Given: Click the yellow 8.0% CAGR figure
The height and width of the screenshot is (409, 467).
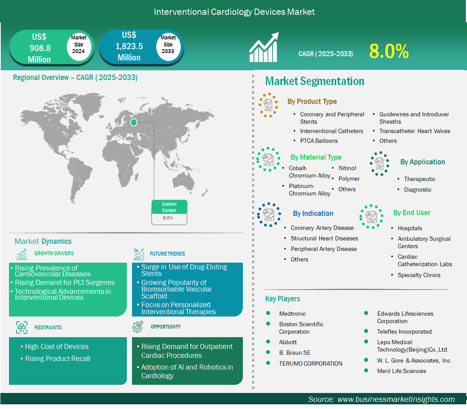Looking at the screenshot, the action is [389, 51].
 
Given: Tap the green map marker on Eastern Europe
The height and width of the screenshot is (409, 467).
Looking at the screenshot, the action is [134, 122].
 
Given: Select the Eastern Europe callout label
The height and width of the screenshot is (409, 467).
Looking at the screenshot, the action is [169, 207].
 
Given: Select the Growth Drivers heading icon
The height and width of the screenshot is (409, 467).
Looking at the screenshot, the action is [22, 254].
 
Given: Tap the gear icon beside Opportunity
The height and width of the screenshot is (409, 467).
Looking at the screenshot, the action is [137, 327].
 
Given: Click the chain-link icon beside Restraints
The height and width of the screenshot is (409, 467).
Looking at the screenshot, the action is [22, 327].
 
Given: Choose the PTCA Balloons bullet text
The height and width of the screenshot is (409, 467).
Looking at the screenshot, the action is [319, 141].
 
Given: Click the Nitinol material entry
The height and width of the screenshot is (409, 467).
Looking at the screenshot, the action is [347, 168].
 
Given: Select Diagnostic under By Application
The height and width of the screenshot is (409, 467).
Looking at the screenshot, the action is [417, 190].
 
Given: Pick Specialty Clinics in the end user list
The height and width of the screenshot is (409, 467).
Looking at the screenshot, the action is [419, 275].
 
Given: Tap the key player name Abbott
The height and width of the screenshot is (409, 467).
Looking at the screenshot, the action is [288, 342].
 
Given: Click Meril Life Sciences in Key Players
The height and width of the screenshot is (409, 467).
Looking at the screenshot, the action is [401, 371].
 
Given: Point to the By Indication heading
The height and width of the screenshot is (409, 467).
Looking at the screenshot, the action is [313, 213].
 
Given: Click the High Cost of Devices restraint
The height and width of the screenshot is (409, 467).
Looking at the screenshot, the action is [57, 347].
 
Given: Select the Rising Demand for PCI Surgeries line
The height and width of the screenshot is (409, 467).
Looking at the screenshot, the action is [65, 283].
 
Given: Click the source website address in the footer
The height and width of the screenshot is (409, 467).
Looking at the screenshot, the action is [396, 399].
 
